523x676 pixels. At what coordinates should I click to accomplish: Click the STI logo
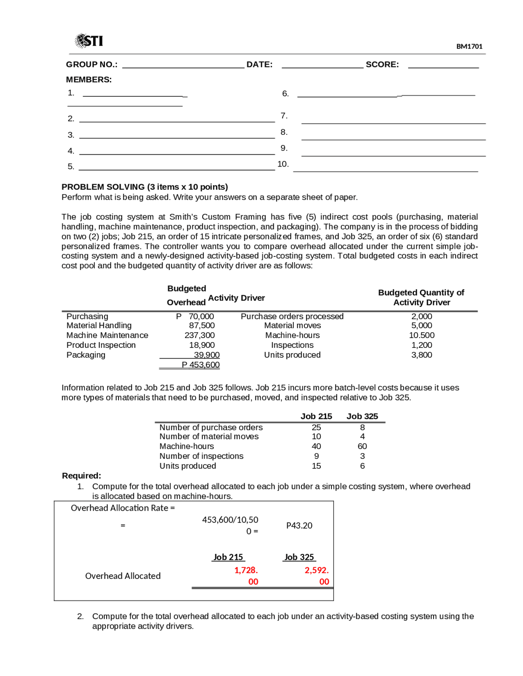point(89,40)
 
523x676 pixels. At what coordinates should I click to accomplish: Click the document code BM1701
point(469,47)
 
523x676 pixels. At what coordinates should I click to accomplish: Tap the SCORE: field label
point(382,64)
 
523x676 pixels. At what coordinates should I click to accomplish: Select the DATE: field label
point(259,64)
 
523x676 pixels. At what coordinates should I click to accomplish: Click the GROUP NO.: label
point(92,64)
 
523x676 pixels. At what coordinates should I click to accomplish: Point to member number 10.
point(283,164)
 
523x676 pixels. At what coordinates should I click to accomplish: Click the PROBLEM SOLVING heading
point(145,187)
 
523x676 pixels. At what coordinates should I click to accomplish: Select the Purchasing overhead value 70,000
point(201,316)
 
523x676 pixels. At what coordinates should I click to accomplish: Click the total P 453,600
point(201,365)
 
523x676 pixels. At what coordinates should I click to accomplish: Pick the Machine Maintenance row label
point(107,335)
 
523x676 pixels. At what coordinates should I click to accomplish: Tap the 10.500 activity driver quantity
point(422,335)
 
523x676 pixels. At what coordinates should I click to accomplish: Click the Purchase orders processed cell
point(292,316)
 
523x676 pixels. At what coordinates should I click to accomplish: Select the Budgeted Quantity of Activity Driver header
point(421,297)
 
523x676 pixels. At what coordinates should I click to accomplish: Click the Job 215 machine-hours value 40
point(316,446)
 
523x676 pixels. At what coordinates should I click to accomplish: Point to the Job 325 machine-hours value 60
point(362,446)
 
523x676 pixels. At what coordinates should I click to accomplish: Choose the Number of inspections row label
point(201,456)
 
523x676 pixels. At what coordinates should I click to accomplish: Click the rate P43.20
point(299,525)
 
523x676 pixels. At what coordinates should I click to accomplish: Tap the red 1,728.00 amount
point(246,576)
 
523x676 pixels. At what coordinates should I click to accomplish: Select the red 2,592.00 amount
point(317,576)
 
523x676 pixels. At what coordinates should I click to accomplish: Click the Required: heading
point(81,476)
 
